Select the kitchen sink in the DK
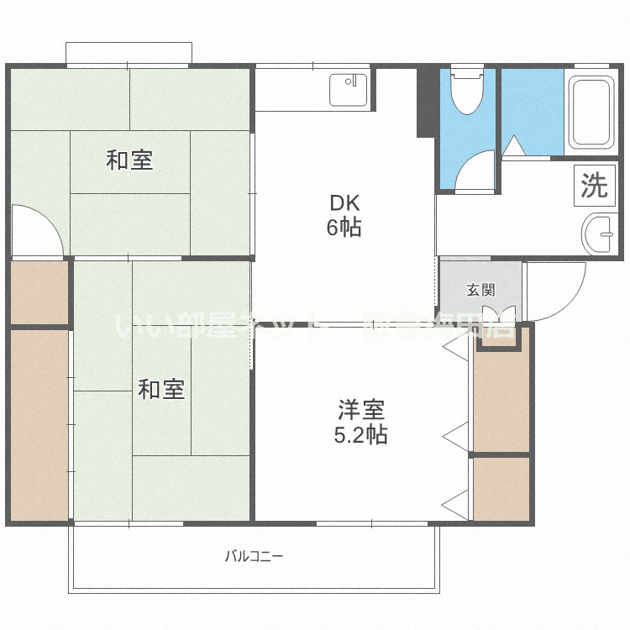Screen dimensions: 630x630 [349, 90]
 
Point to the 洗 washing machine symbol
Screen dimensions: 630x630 [595, 186]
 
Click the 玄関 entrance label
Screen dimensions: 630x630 [480, 291]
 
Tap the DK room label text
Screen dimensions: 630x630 [344, 202]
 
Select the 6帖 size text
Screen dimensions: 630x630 [344, 227]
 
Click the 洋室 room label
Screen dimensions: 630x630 [361, 410]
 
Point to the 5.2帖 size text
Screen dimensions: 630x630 [361, 435]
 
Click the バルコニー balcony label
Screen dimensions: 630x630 [254, 556]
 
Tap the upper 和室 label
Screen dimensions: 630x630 [129, 160]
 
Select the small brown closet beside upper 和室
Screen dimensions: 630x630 [39, 292]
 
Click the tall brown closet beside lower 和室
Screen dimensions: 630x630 [39, 424]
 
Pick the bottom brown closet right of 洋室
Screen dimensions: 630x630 [501, 489]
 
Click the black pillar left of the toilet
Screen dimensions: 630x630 [426, 101]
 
